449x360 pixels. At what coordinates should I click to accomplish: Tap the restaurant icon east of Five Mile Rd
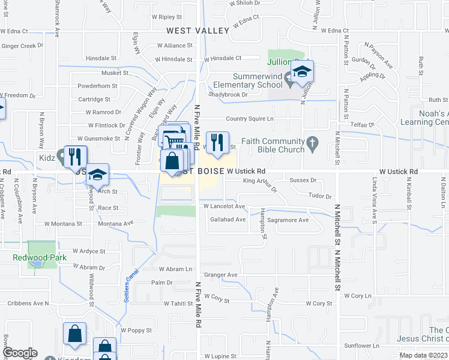tap(217, 143)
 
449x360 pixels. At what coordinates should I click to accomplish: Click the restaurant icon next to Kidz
tap(75, 157)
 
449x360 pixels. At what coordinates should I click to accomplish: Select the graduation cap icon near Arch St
tap(98, 175)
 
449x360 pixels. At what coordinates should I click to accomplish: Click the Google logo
tap(20, 353)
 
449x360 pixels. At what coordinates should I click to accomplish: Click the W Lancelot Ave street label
tap(224, 206)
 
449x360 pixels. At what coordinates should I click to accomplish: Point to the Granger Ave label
tap(221, 275)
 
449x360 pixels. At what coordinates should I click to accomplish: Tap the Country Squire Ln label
tap(249, 119)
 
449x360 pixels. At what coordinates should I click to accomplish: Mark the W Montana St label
tap(61, 224)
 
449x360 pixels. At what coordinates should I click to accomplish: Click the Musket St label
tap(115, 73)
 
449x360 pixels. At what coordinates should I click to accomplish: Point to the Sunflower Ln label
tap(362, 346)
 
